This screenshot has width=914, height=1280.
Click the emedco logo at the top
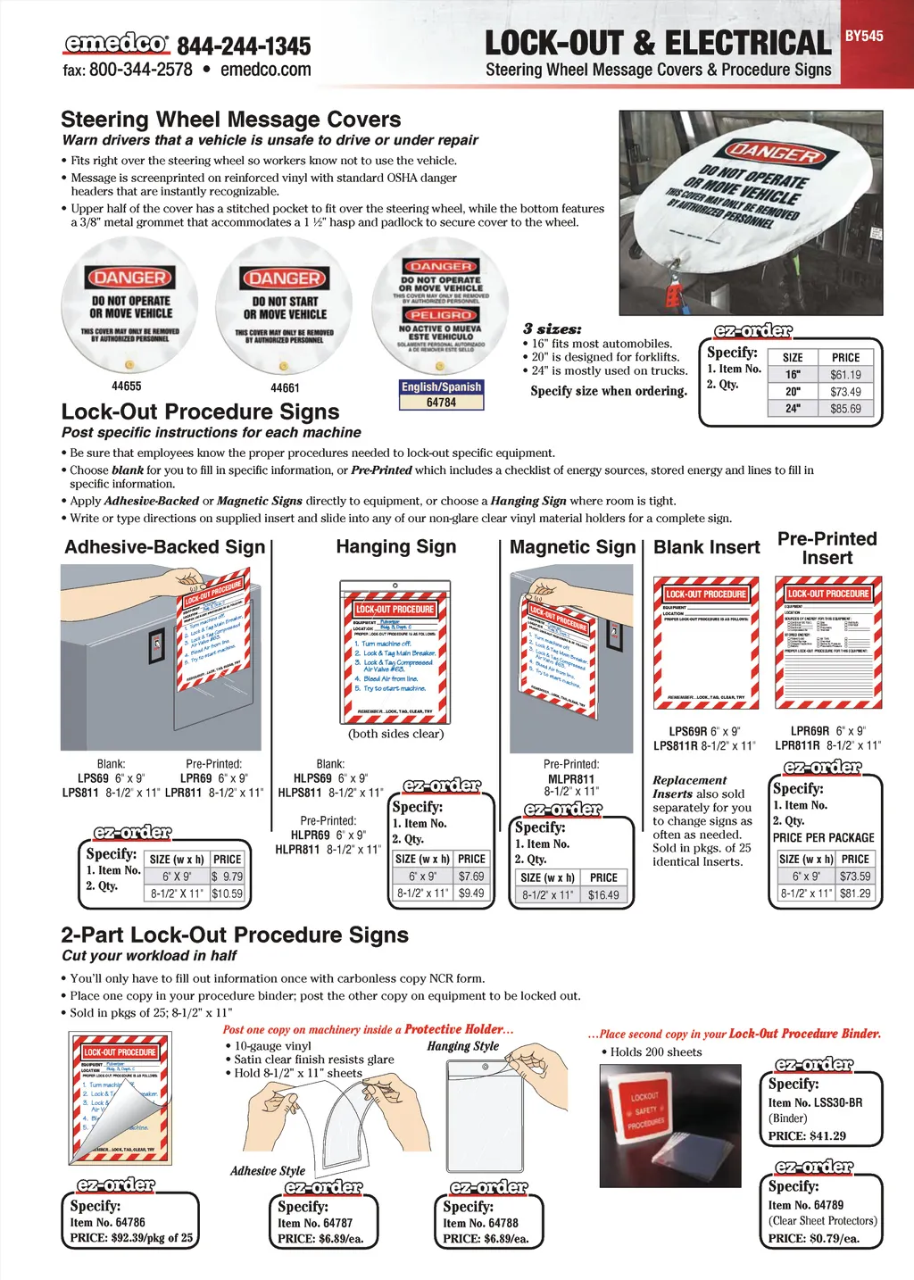[115, 43]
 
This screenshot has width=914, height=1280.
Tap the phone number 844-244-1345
[244, 46]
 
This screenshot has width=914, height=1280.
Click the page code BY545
[864, 37]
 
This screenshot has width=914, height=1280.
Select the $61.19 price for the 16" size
[845, 375]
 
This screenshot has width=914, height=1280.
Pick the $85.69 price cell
[845, 409]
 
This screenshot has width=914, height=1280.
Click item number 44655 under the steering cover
[127, 386]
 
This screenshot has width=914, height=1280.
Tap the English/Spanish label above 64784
[441, 387]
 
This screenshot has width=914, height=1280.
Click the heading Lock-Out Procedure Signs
[200, 411]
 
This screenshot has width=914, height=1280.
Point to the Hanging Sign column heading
[395, 547]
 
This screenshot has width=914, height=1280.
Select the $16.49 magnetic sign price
[603, 894]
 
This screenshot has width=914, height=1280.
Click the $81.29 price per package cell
[855, 893]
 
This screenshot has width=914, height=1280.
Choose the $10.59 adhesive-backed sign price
[227, 893]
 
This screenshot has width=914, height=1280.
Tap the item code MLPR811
[571, 779]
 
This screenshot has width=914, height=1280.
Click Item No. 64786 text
[107, 1223]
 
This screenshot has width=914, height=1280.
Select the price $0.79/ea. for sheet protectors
[834, 1238]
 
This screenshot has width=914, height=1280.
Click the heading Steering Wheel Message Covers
[230, 120]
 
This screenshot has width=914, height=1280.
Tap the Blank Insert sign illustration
[706, 644]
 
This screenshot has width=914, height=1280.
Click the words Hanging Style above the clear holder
[462, 1046]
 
